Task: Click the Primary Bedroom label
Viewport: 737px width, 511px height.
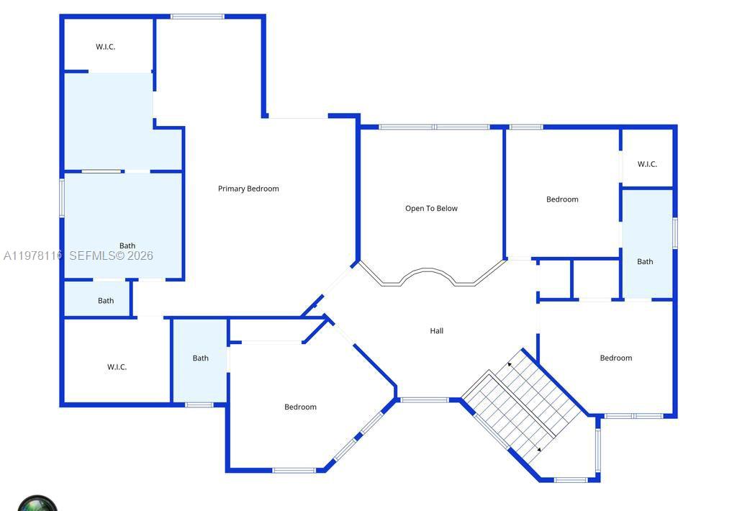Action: click(x=248, y=189)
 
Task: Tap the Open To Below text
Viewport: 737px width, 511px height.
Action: click(x=431, y=209)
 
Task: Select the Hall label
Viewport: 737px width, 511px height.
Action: click(x=437, y=331)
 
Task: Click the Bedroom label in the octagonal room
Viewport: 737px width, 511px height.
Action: click(x=300, y=407)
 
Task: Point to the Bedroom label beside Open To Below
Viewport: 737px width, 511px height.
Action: click(x=562, y=199)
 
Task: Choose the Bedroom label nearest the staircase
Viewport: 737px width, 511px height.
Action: click(x=616, y=358)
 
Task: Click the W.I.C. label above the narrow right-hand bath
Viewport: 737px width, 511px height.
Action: click(x=647, y=164)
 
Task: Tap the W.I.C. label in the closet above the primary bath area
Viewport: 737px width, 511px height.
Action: click(x=106, y=47)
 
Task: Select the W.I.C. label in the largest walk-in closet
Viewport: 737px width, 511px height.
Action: click(x=117, y=367)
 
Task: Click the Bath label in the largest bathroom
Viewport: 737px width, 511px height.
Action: click(x=127, y=245)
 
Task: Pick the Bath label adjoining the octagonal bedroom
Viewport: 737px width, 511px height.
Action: click(x=200, y=358)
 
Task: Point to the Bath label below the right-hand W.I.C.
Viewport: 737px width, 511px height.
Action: click(x=645, y=261)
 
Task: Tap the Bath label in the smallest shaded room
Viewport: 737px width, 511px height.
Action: click(x=106, y=301)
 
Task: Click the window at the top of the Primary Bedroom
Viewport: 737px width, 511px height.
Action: click(x=197, y=17)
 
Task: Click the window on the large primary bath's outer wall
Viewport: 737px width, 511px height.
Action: click(x=62, y=198)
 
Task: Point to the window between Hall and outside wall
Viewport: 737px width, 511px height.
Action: click(x=425, y=399)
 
